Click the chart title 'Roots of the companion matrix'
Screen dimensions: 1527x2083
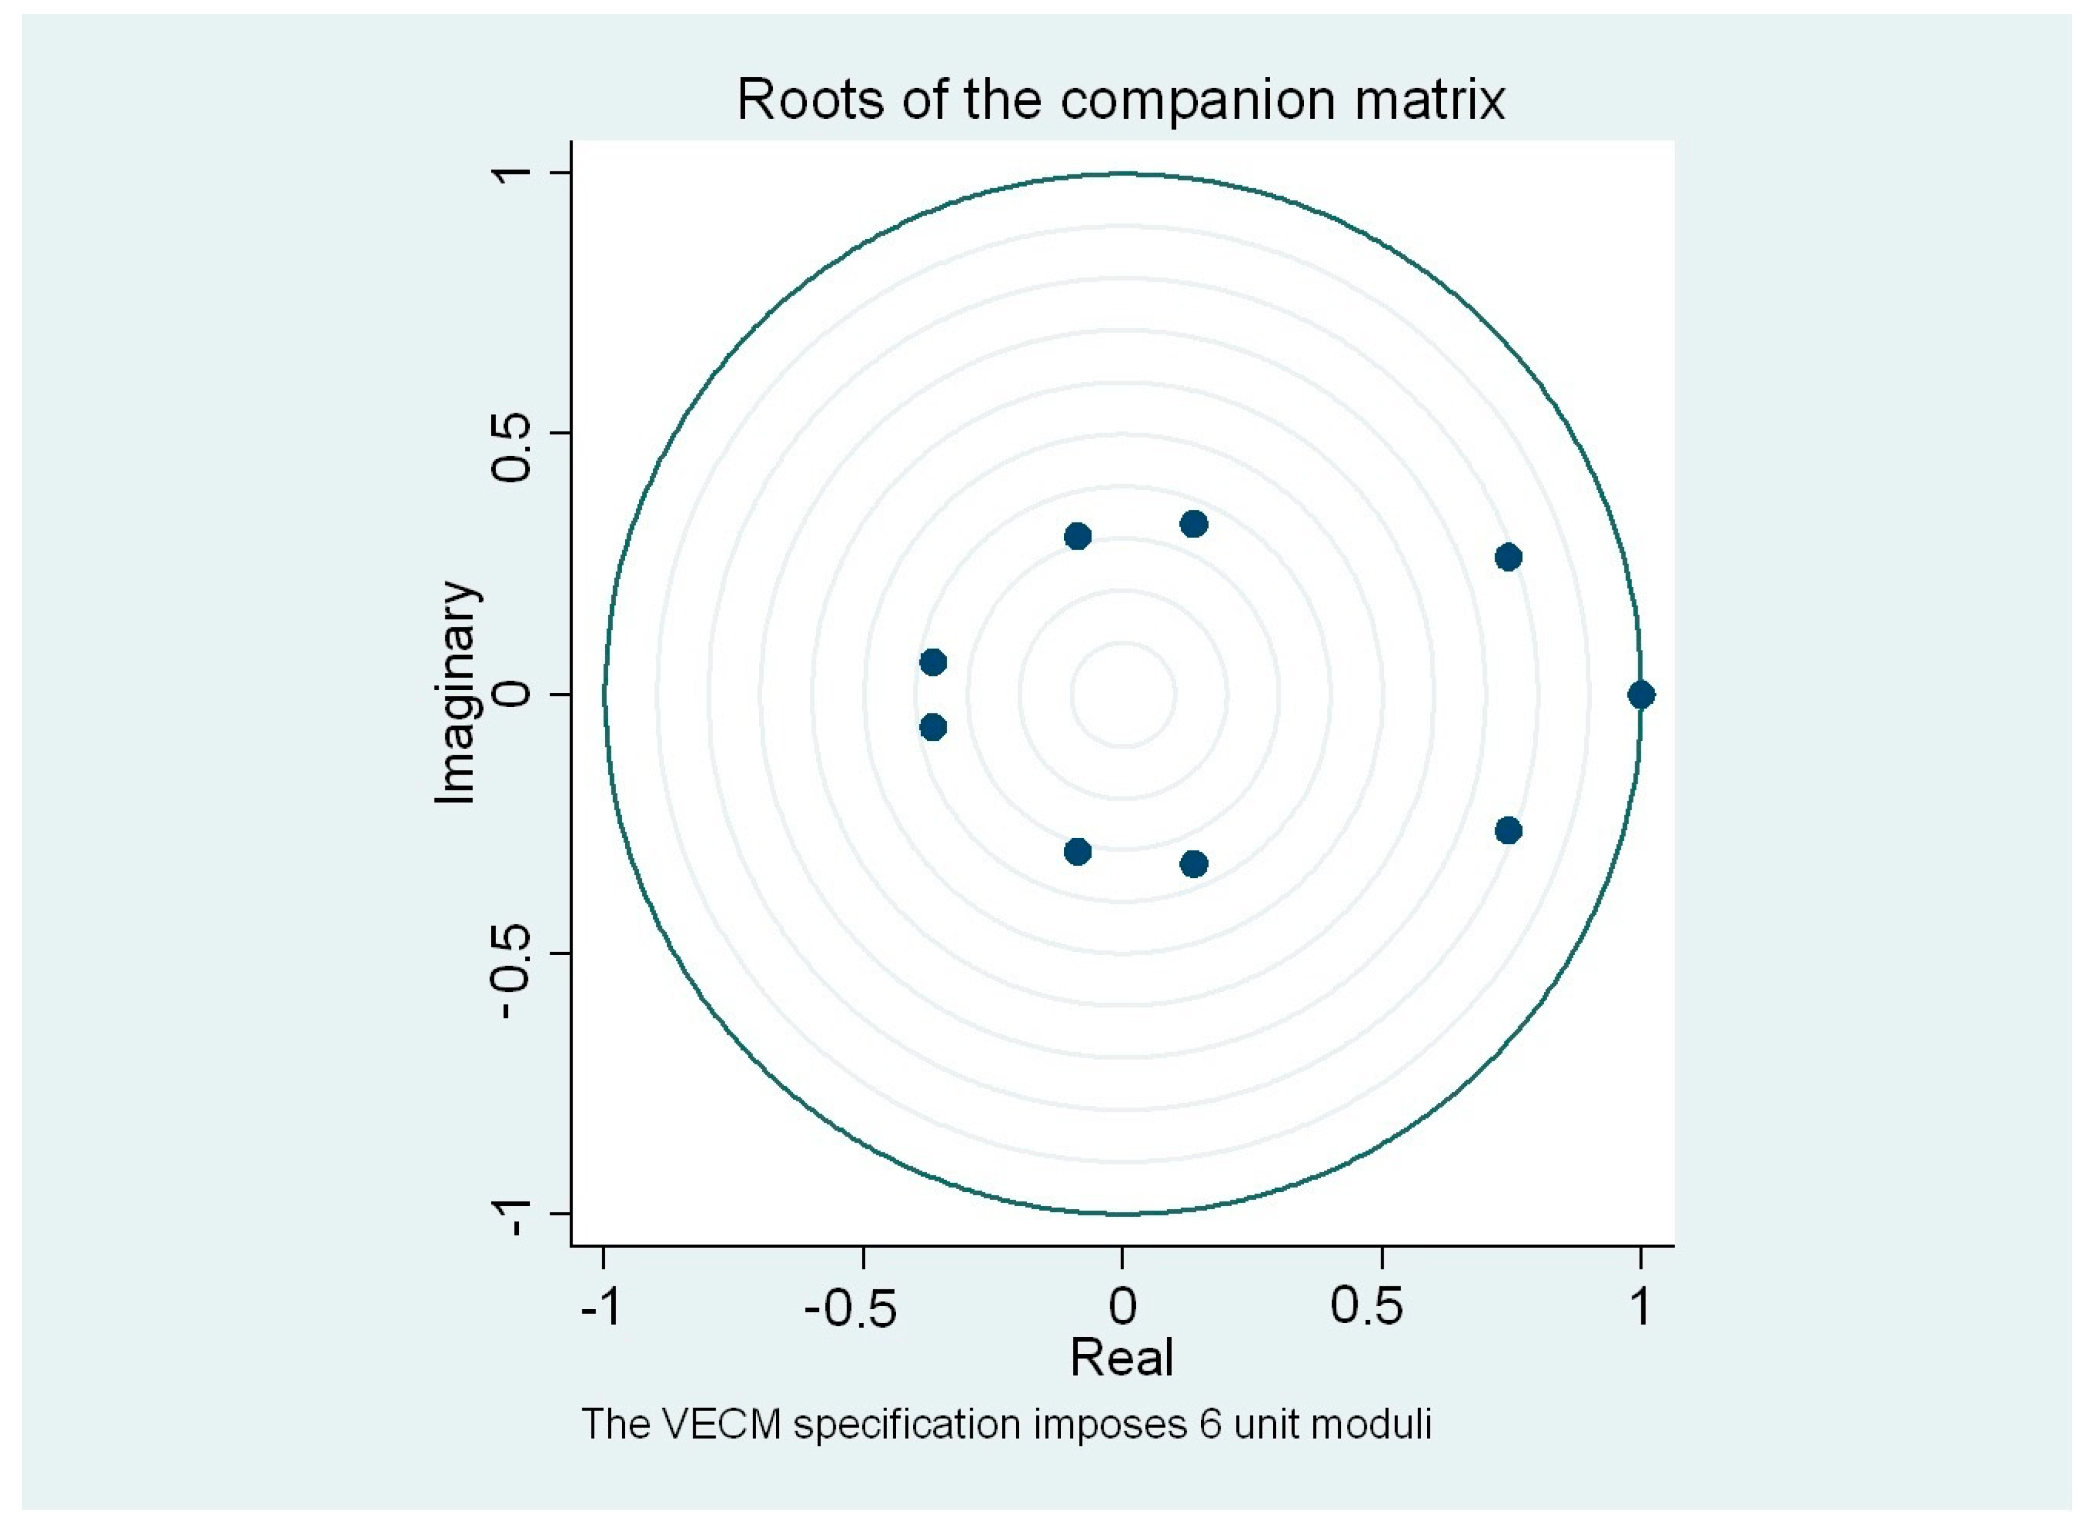(1121, 100)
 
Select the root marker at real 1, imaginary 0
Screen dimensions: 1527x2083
(1640, 694)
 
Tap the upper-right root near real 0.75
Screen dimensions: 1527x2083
(1508, 557)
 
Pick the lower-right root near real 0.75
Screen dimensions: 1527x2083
(1508, 830)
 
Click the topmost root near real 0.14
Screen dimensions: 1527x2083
(1194, 524)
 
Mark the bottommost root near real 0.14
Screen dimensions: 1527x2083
(1194, 864)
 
